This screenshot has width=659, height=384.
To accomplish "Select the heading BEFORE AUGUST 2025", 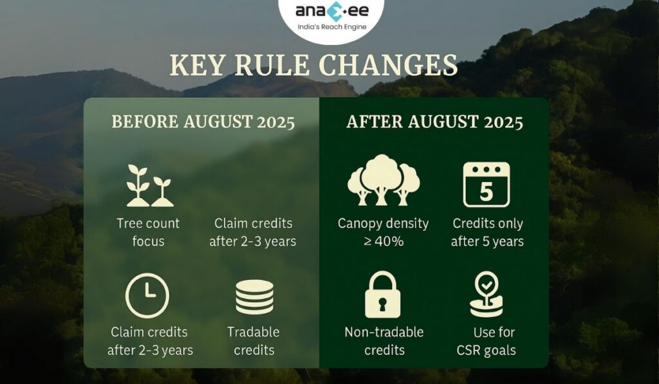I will coord(203,122).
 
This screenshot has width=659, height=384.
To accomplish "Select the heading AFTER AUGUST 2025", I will coord(434,122).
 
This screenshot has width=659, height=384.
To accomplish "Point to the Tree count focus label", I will coord(148,232).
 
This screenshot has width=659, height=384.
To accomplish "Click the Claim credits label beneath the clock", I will coord(149,341).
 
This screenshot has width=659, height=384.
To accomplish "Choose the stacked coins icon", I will coord(254,297).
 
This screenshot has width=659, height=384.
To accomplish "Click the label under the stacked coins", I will coord(254,341).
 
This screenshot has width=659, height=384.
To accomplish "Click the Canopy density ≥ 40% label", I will coord(383,232).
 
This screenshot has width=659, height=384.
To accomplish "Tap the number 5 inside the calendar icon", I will coord(487,192).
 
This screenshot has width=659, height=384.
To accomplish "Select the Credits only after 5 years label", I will coord(487,232).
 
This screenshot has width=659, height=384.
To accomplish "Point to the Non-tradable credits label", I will coord(384,341).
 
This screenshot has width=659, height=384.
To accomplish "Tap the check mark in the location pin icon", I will coord(487,284).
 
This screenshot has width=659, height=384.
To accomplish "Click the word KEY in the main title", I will coord(197,66).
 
